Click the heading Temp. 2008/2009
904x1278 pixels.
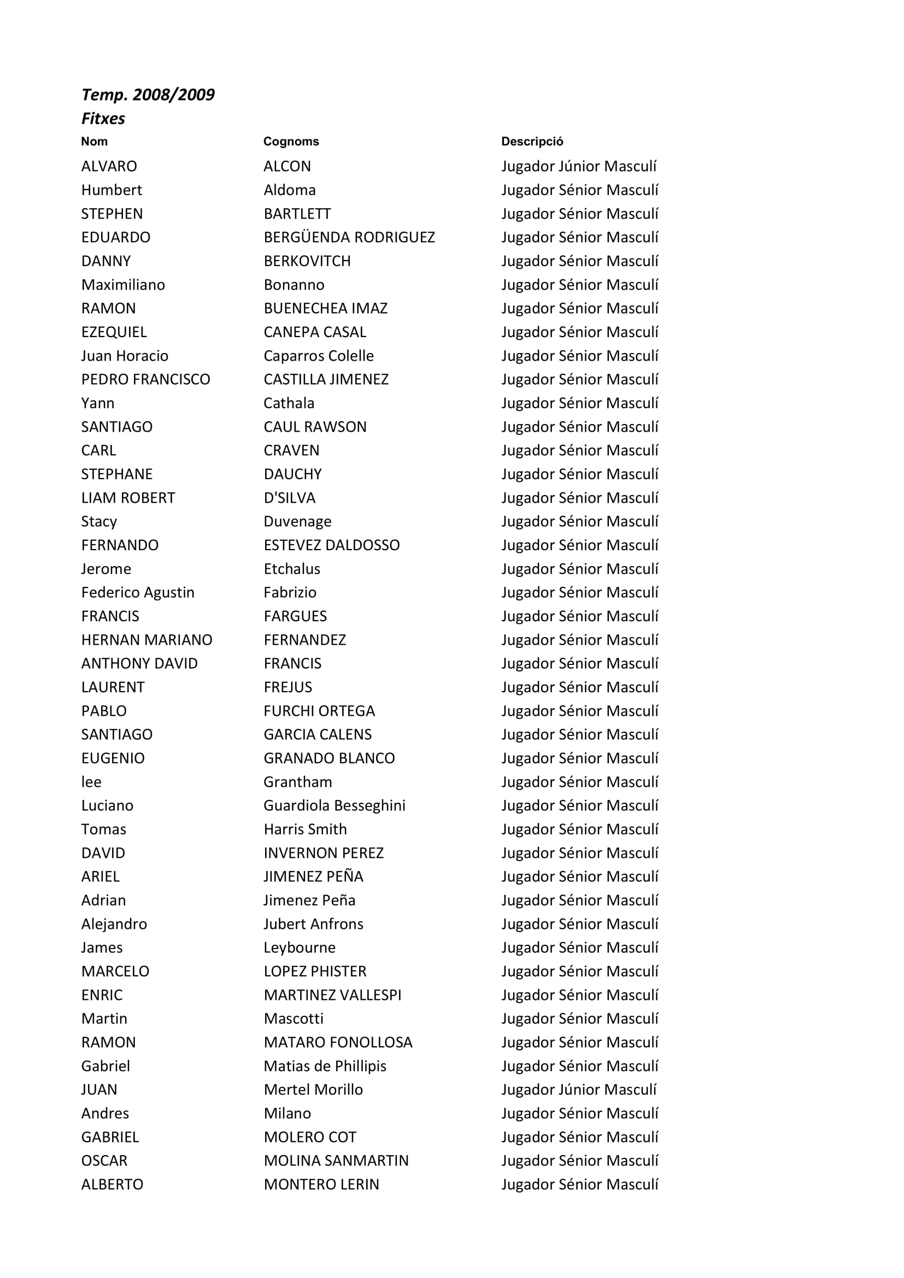click(148, 95)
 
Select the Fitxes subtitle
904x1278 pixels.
click(103, 119)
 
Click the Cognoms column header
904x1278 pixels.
click(291, 142)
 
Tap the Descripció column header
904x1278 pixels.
click(532, 142)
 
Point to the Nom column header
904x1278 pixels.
click(94, 142)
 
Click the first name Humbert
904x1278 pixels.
click(111, 190)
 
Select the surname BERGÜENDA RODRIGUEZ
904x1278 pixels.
click(349, 238)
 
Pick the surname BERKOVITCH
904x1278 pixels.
click(307, 261)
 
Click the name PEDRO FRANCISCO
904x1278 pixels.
click(145, 380)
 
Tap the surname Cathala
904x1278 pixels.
click(289, 403)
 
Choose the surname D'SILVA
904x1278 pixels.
click(289, 498)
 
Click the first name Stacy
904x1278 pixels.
click(99, 522)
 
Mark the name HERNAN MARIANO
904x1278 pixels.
click(146, 640)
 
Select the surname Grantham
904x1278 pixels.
click(297, 782)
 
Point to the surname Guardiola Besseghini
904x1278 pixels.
click(334, 806)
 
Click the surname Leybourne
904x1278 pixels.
click(299, 948)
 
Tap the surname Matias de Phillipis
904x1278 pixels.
click(325, 1067)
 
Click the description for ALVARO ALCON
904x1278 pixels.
click(578, 167)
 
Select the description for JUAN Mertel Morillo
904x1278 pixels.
click(578, 1090)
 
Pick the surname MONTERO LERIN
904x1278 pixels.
click(321, 1185)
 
